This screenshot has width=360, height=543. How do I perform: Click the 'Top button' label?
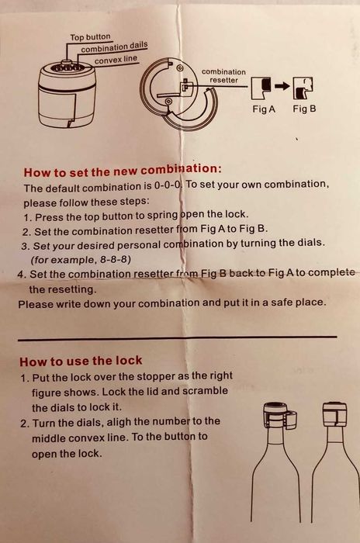pos(90,36)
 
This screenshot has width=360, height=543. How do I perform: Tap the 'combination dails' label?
pos(114,47)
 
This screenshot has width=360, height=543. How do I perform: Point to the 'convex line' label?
pos(116,60)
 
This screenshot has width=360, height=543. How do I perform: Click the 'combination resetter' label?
pos(223,76)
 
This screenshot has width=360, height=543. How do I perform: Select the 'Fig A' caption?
pos(264,109)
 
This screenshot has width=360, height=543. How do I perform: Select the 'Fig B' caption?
pos(304,109)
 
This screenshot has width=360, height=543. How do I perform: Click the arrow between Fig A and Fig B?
pos(282,85)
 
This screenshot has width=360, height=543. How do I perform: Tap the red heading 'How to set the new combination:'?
pos(123,171)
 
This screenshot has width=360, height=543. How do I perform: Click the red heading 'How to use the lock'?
pos(81,361)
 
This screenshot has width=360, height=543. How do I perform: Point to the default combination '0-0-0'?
pos(168,185)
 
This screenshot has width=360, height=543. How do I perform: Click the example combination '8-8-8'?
pos(116,259)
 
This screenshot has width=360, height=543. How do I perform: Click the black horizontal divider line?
pos(177,339)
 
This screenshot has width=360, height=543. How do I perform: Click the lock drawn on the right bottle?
pos(334,415)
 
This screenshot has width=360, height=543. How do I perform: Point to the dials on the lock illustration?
pos(68,68)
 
